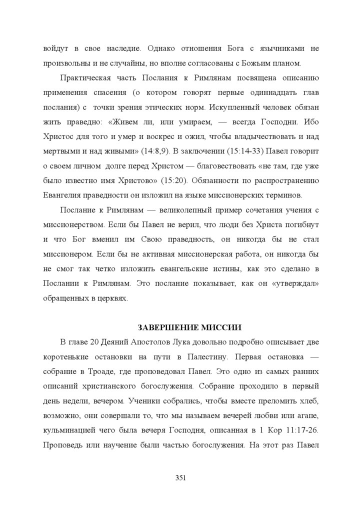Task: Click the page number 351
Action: (x=180, y=478)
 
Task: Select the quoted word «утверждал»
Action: (x=298, y=283)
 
